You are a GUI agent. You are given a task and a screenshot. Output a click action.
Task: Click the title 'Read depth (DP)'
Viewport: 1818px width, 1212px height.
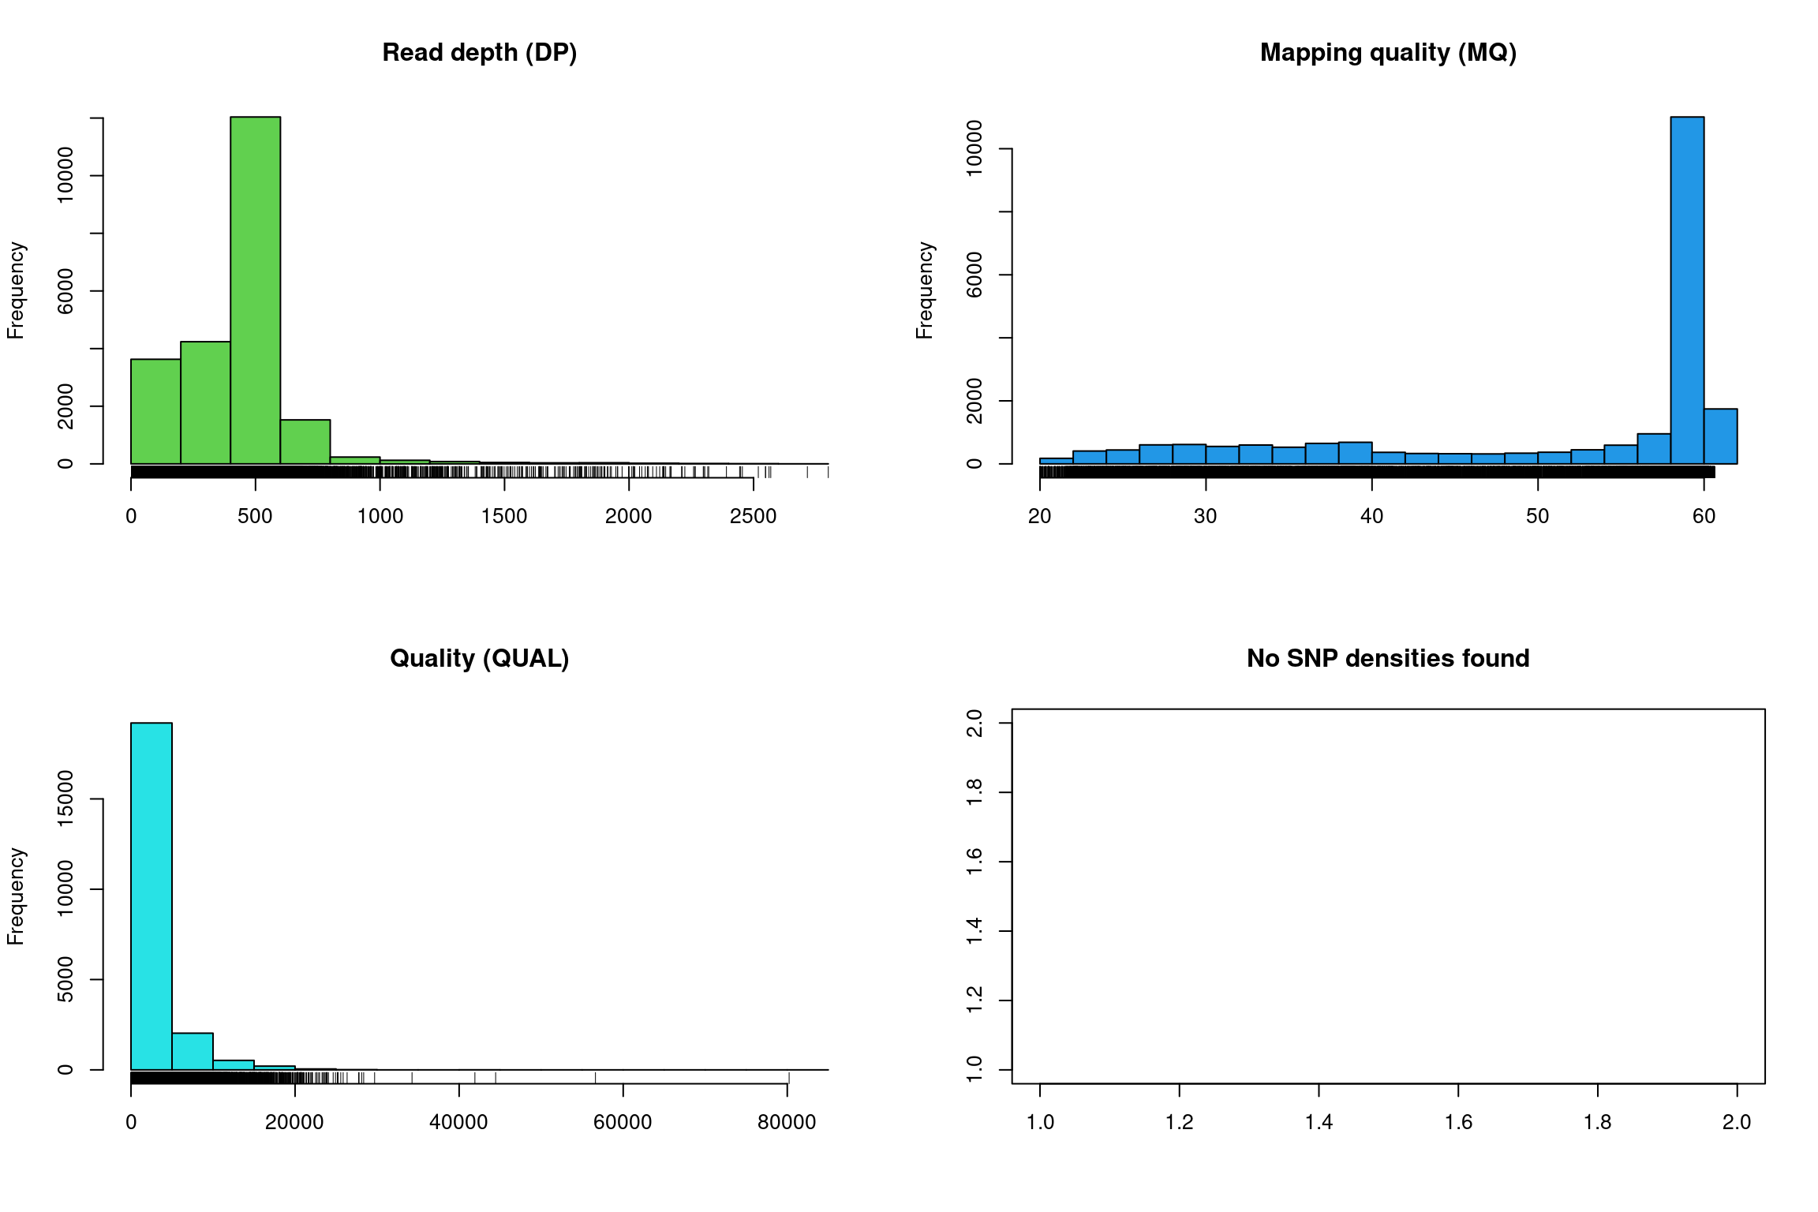[479, 53]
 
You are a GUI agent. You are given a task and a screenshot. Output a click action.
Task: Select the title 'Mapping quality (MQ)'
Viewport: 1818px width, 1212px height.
[1388, 53]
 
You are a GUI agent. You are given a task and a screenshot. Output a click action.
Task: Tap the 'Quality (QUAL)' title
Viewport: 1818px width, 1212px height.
[479, 658]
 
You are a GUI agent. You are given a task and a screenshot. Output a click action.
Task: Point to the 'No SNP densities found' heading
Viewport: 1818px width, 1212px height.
[1388, 658]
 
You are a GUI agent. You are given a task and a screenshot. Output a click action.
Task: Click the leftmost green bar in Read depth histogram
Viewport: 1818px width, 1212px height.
[155, 411]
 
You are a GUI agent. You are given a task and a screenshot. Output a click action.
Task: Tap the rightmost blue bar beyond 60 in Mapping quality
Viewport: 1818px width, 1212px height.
[1720, 436]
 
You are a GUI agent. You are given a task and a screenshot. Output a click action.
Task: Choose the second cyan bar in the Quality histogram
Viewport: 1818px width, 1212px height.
[193, 1051]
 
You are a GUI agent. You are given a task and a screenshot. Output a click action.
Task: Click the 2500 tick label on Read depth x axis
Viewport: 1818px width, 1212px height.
[753, 516]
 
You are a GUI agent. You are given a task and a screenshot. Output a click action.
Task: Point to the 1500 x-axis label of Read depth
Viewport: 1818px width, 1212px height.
[504, 516]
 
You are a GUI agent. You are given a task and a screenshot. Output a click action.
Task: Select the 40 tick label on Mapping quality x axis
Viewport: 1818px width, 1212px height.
[1371, 516]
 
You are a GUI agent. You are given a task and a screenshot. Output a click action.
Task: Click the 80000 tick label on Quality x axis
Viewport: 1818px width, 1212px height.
[787, 1122]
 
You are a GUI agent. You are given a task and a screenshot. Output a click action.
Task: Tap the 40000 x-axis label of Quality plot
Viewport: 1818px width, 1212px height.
[458, 1122]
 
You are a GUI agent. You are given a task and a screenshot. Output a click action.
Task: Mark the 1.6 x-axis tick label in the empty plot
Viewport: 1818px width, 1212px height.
[1458, 1122]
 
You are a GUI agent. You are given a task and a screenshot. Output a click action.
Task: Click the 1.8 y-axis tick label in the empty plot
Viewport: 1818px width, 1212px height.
[974, 791]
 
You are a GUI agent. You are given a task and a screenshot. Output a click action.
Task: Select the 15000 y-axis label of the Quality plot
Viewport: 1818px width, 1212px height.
[65, 799]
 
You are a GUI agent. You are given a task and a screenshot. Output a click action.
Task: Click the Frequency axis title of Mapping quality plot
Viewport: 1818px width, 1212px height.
[924, 290]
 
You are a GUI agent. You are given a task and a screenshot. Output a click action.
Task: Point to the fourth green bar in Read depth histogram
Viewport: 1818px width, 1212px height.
[305, 442]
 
